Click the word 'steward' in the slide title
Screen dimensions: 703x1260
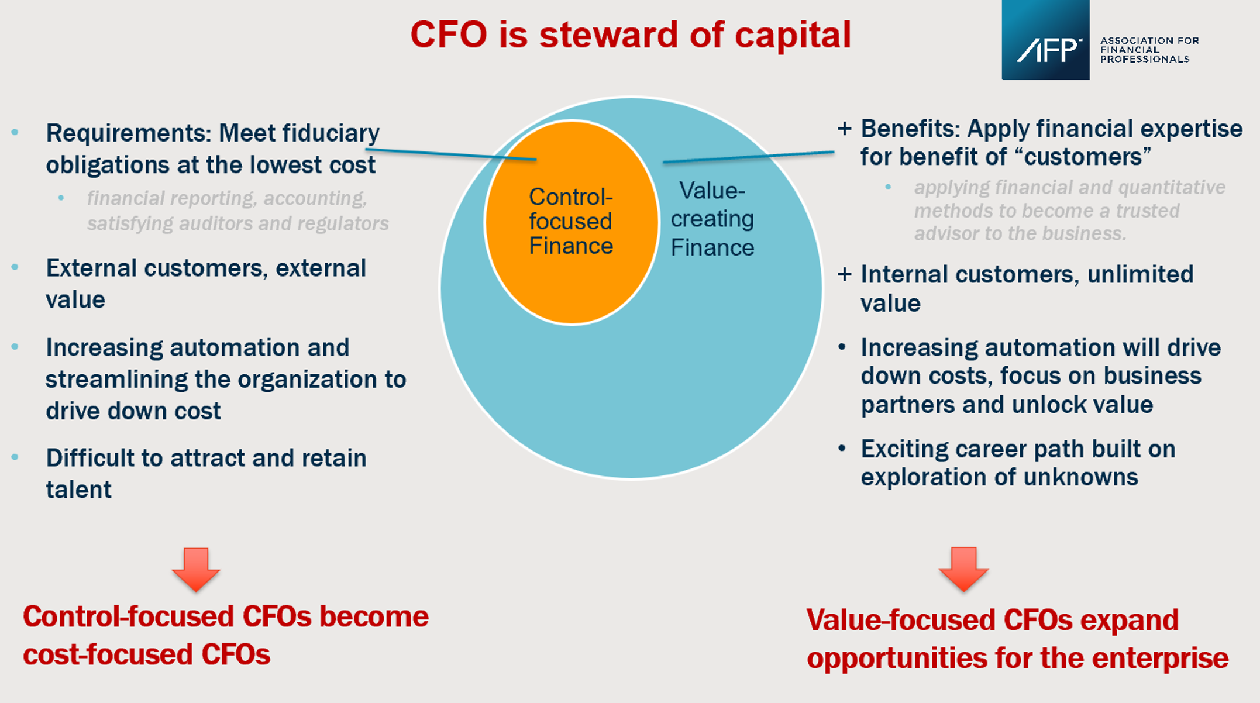point(607,35)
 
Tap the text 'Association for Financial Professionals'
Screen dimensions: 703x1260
point(1148,50)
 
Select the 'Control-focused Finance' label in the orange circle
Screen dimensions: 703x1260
point(570,222)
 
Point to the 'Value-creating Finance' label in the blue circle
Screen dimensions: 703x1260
point(712,219)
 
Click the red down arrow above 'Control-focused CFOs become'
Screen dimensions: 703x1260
point(196,569)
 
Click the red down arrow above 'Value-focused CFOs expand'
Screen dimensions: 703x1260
point(963,569)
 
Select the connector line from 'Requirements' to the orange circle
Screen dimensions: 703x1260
point(450,154)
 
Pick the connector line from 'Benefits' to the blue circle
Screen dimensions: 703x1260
point(749,157)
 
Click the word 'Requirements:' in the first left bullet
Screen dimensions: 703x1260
point(129,133)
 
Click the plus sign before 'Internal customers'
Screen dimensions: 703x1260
point(844,274)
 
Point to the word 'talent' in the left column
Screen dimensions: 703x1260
point(78,490)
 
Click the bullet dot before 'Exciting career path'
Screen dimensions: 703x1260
point(842,449)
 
